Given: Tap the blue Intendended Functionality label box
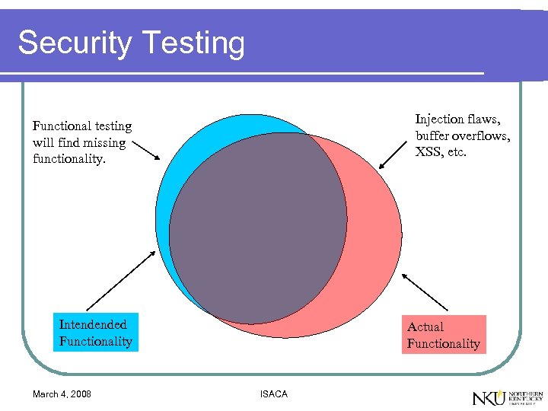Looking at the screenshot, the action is (x=95, y=333).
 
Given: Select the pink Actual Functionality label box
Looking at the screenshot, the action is (x=443, y=335).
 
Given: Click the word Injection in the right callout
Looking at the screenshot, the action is (x=439, y=119).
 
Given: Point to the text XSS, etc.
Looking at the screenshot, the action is (x=441, y=151).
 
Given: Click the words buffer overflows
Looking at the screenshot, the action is (x=463, y=135).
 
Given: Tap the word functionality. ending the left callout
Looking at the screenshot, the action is (x=68, y=159).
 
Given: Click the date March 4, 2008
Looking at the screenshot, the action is (x=62, y=393).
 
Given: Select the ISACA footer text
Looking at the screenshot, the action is (x=273, y=393).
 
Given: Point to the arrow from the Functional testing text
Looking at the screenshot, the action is (x=144, y=151).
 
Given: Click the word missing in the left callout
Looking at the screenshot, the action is (x=107, y=142).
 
